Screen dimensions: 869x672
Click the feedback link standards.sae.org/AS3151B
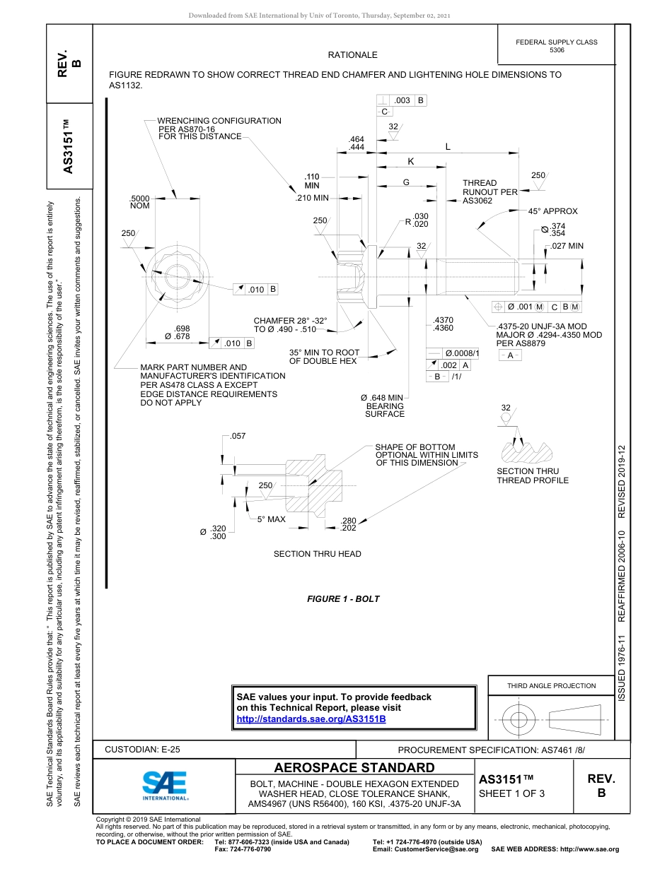311,719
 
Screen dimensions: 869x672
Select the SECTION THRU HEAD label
317,554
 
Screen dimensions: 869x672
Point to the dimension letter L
447,147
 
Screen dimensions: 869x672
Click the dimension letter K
410,162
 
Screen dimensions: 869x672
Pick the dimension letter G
406,182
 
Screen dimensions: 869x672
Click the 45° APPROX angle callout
552,211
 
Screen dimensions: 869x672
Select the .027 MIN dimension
567,246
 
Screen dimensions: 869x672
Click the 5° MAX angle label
271,519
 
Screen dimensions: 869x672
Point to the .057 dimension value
238,436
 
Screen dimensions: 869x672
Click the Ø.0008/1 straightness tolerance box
462,353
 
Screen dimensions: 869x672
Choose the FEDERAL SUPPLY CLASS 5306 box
556,46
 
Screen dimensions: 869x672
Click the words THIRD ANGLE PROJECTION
551,685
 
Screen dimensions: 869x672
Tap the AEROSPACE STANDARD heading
354,768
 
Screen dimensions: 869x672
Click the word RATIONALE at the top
352,55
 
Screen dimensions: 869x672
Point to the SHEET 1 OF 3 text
511,793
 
